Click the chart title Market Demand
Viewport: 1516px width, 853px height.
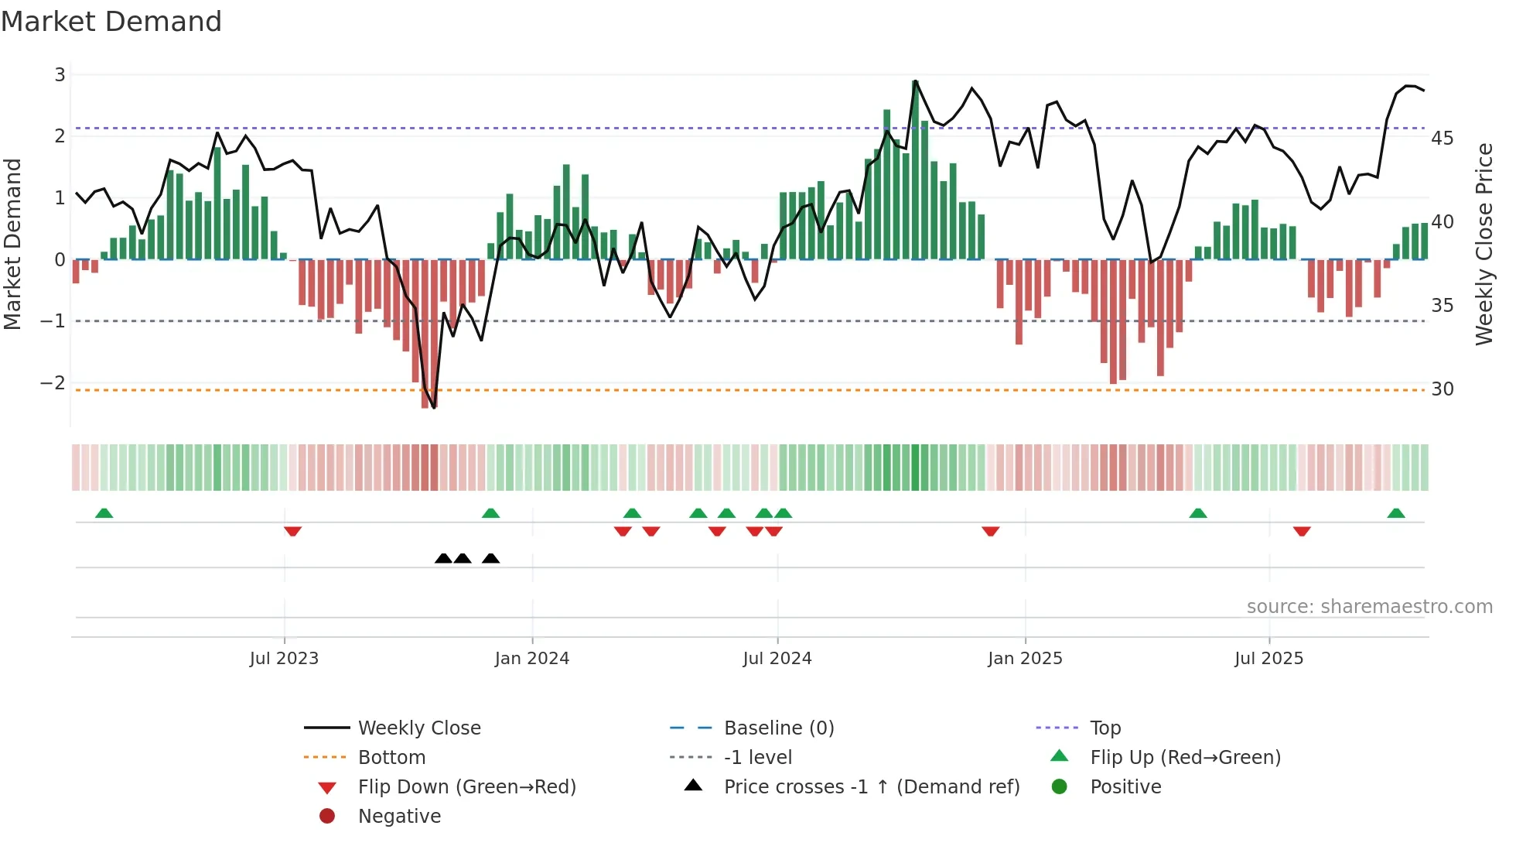(111, 22)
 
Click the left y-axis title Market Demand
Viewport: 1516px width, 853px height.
(12, 244)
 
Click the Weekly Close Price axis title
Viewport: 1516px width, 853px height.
(1484, 244)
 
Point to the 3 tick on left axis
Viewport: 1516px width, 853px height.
(60, 75)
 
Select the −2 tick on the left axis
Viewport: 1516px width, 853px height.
(53, 383)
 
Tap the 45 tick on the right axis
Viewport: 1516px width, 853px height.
(1442, 139)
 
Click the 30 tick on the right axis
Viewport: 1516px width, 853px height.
(1442, 389)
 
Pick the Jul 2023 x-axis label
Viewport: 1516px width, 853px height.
(284, 659)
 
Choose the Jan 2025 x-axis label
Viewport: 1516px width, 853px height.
(1025, 659)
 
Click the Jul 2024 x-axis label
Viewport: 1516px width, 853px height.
(777, 659)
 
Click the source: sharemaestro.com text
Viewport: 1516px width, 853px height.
(1369, 607)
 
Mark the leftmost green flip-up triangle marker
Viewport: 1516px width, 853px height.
(104, 513)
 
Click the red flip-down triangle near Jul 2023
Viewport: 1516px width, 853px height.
(292, 531)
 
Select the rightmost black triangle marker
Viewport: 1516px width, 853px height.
(490, 558)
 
